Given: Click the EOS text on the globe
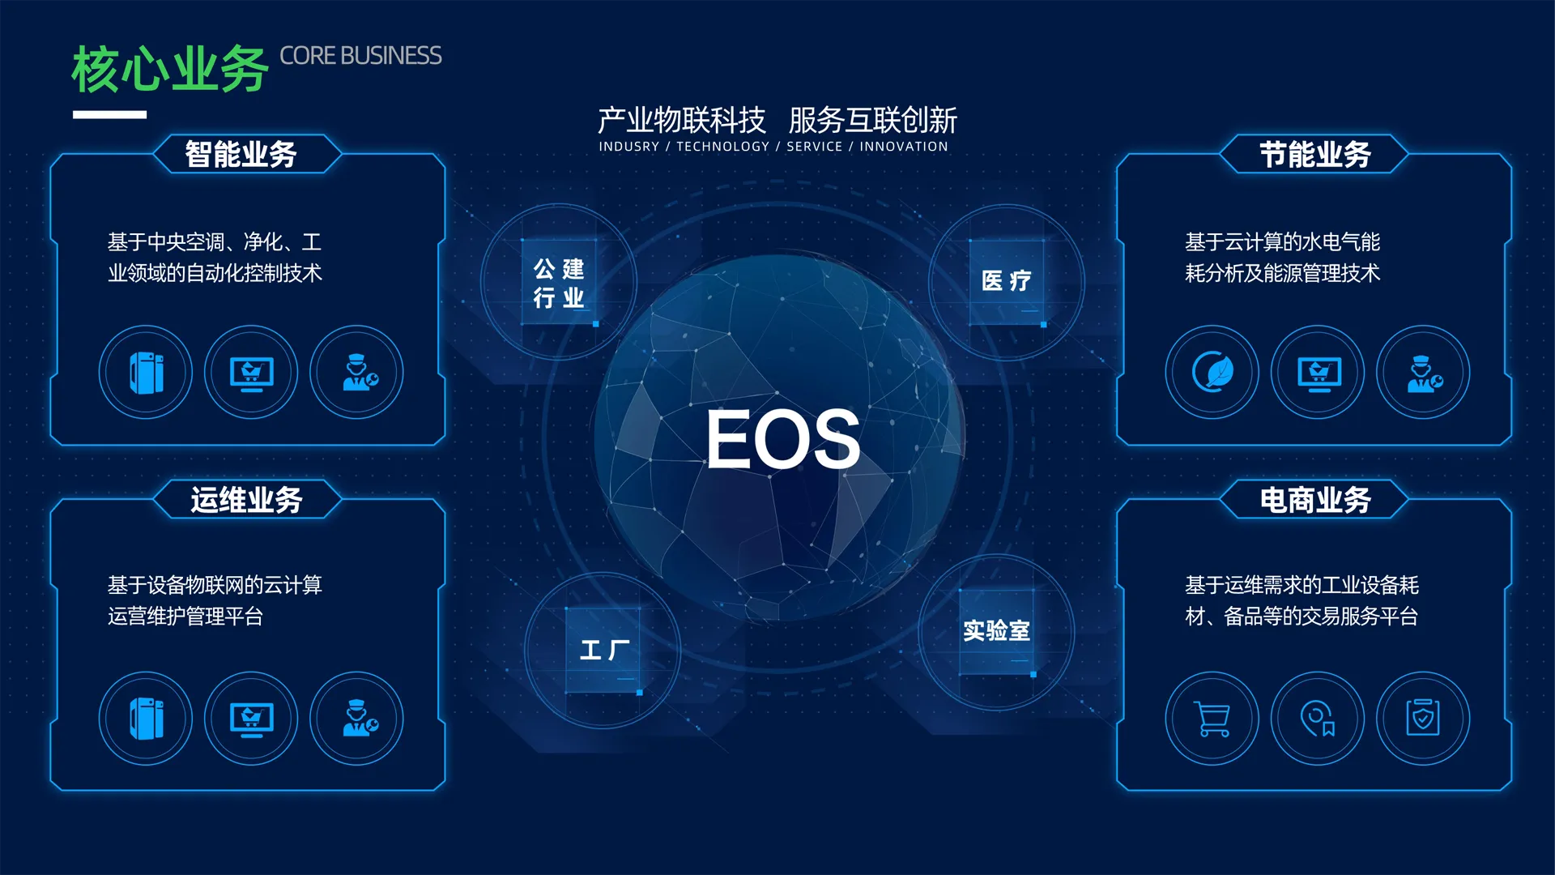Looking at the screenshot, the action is tap(783, 438).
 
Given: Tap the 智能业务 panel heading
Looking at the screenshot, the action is tap(241, 154).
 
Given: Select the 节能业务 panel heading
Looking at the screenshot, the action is tap(1315, 154).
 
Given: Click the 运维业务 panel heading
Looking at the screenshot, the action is tap(246, 500).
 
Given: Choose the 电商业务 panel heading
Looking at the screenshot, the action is tap(1315, 500).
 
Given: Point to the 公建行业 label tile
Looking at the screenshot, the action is tap(559, 282).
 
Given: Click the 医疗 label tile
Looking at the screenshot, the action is tap(1007, 282).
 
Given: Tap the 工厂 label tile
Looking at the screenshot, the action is tap(604, 650).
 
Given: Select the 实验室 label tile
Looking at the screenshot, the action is tap(997, 631).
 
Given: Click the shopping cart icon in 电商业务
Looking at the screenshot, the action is tap(1212, 719).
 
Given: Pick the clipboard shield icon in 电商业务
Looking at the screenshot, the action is tap(1423, 718).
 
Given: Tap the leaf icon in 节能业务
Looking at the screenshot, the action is tap(1213, 372).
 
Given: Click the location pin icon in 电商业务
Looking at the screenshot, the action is tap(1318, 719).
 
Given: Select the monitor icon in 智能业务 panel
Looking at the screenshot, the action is tap(252, 373).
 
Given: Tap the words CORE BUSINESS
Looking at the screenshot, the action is tap(360, 56).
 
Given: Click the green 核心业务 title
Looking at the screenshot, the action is tap(170, 69).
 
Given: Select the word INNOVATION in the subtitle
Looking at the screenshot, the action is tap(904, 147).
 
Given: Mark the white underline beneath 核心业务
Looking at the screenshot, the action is tap(109, 115).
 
